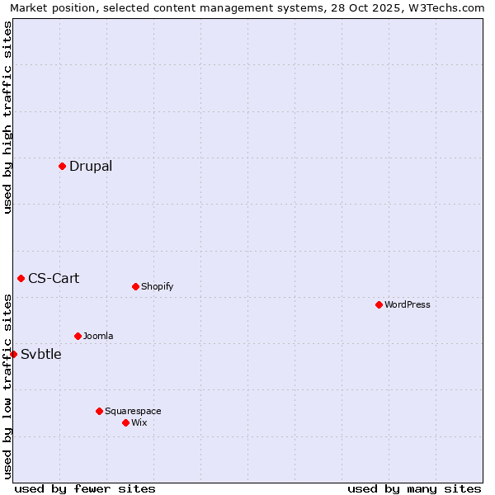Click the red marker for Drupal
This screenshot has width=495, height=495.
[62, 166]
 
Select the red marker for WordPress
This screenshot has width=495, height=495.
[379, 304]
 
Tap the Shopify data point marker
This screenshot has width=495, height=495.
[135, 286]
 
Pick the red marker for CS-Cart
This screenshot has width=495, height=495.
[21, 278]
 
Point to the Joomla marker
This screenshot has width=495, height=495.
[78, 336]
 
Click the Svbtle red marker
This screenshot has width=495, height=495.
[13, 354]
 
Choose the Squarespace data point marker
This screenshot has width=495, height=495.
[99, 411]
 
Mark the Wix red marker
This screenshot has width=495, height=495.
[125, 422]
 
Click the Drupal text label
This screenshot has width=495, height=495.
[91, 166]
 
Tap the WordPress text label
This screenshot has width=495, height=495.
[408, 304]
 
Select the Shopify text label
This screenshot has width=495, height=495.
[158, 286]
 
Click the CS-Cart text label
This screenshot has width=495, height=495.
[54, 278]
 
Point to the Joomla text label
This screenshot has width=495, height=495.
[98, 336]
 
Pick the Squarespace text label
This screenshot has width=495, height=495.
[133, 411]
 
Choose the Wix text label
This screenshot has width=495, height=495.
[139, 422]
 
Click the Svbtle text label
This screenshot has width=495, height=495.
[41, 354]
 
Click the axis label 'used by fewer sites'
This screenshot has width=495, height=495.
[85, 488]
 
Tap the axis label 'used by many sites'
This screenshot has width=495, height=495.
[414, 488]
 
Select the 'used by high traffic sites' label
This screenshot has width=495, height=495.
[7, 117]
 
